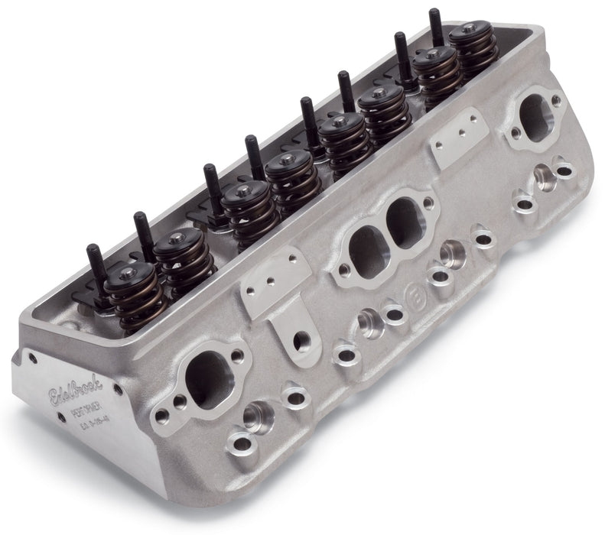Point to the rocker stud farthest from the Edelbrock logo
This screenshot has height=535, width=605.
pyautogui.click(x=435, y=19)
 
